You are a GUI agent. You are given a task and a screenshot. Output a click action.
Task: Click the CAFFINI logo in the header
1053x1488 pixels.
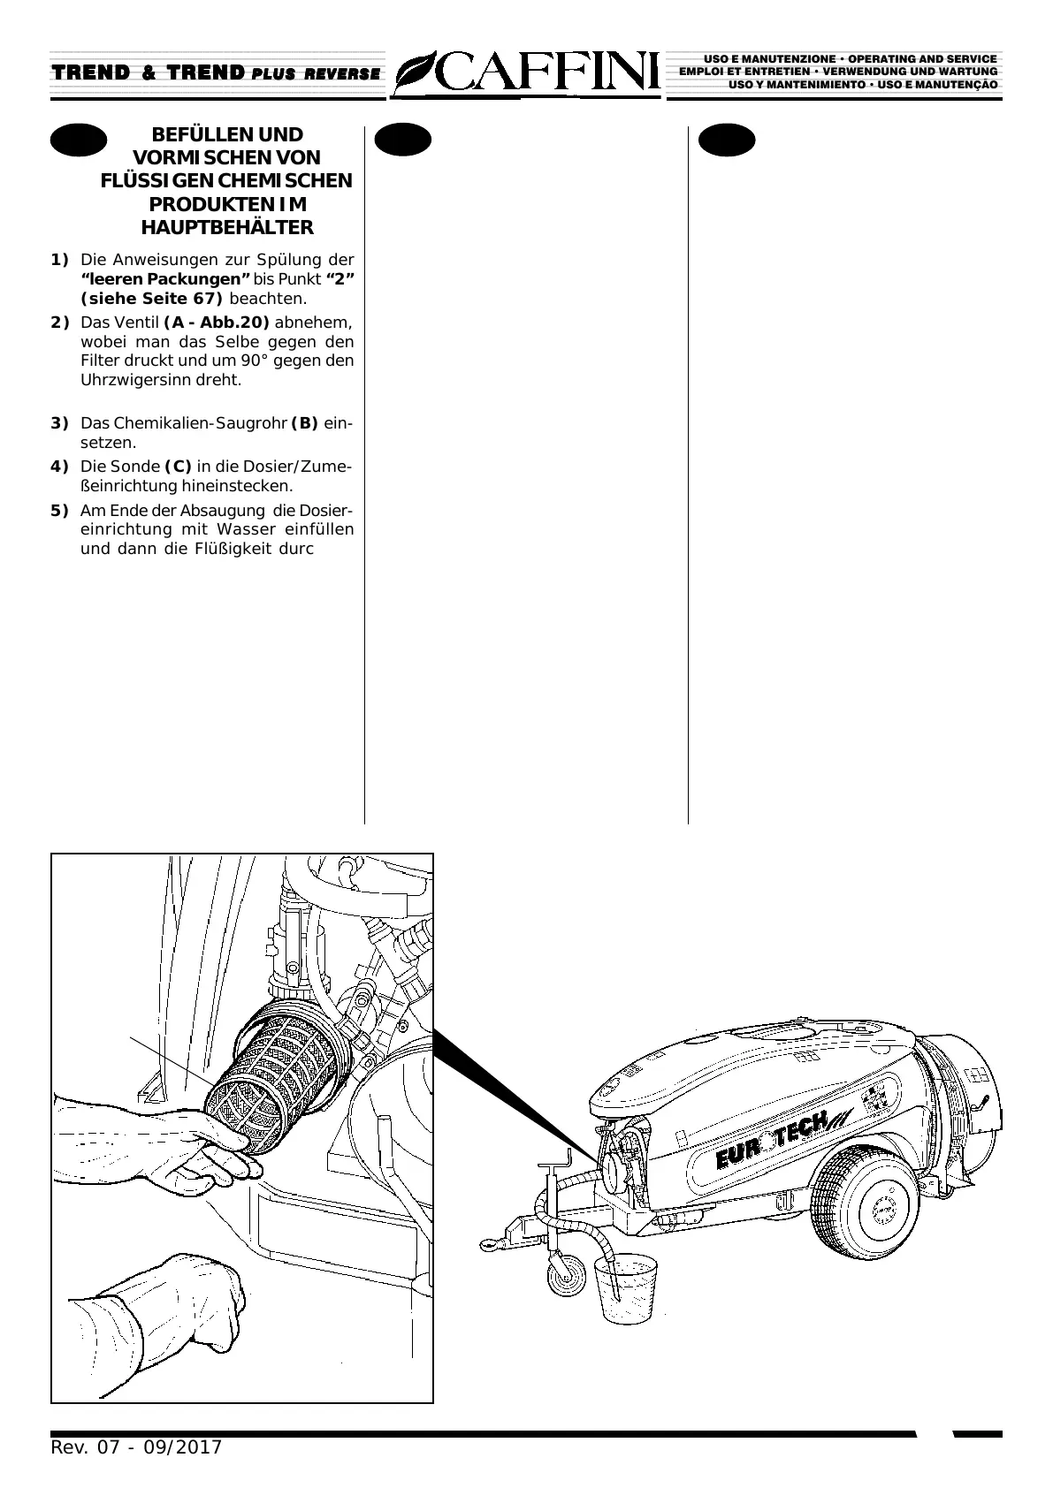(527, 72)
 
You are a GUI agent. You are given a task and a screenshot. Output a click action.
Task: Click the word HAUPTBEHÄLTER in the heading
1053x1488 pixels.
(227, 228)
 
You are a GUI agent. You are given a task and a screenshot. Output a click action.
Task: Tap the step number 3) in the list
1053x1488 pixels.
(59, 423)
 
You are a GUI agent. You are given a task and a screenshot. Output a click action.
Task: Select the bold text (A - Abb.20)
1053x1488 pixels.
(217, 323)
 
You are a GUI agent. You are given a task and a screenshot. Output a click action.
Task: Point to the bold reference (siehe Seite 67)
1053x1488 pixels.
(151, 299)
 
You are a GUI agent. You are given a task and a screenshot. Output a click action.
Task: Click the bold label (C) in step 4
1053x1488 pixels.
(178, 467)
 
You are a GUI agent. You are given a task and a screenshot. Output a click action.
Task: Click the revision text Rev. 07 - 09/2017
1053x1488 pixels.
(137, 1447)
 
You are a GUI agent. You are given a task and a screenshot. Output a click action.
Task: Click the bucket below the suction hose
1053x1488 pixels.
(625, 1289)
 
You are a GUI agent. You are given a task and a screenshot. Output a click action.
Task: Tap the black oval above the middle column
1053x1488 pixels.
(402, 140)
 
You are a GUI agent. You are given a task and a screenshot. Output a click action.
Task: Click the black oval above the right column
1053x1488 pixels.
(727, 140)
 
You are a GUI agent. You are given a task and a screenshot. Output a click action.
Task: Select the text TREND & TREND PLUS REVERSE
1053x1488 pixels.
(216, 73)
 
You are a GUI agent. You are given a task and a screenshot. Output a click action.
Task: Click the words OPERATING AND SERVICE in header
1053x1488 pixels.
(922, 59)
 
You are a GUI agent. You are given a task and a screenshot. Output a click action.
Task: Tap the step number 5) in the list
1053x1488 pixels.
(59, 511)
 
